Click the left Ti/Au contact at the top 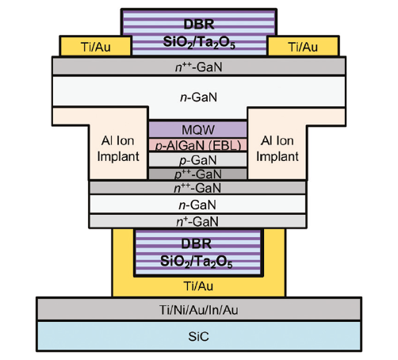96,46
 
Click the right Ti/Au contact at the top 303,46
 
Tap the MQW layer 198,129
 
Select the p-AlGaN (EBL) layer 198,145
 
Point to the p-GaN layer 198,160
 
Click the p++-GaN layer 198,174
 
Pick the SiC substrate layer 199,336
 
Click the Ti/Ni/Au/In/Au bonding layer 199,309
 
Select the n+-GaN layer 197,221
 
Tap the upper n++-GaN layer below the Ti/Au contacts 199,67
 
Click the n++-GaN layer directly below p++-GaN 197,188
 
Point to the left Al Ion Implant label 118,148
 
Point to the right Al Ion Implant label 277,148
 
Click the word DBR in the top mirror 199,24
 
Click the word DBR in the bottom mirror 196,243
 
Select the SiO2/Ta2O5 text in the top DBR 199,42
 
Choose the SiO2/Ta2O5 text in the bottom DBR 196,262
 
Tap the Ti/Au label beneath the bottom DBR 198,286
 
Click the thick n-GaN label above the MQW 198,97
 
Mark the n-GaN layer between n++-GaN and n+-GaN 197,205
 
